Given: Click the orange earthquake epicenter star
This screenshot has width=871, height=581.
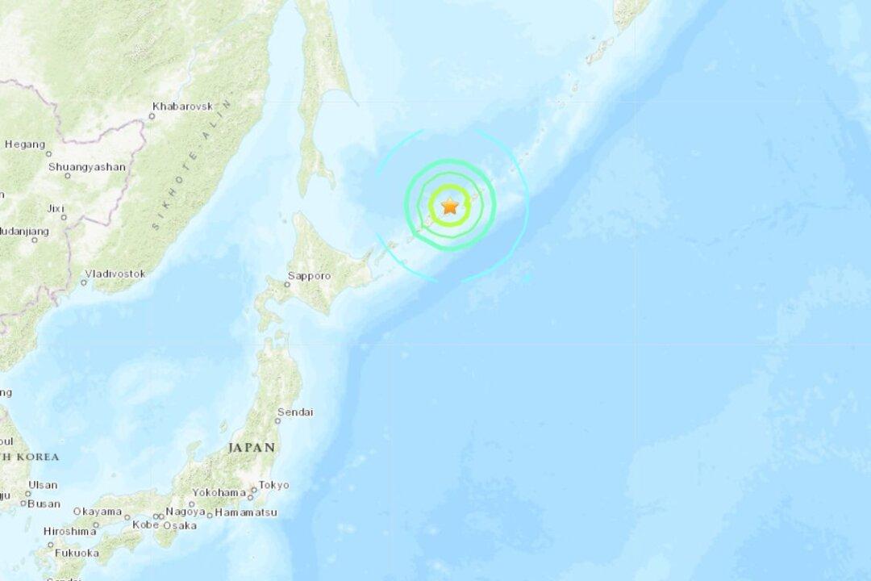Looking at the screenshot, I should (450, 206).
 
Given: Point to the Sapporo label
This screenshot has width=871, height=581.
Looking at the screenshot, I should (309, 275).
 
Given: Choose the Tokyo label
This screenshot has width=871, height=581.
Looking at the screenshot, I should (274, 485).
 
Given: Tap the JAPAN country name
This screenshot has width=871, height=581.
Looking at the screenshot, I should (252, 447).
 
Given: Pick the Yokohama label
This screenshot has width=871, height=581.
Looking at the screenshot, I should (219, 492).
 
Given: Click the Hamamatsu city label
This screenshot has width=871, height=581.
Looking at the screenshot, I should (245, 512).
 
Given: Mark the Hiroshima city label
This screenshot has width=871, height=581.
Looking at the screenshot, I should (71, 531).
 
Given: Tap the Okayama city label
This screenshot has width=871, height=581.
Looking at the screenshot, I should (97, 512).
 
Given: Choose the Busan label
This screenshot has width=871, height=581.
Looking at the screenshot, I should (44, 504).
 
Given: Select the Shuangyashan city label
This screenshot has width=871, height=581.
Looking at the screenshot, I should (87, 167).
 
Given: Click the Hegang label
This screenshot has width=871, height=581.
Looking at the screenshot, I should (25, 144).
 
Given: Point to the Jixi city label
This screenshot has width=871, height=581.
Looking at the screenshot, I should (56, 208).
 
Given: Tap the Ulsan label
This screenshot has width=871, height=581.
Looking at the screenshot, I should (43, 485).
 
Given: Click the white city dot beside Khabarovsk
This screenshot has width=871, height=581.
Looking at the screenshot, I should (151, 116).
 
